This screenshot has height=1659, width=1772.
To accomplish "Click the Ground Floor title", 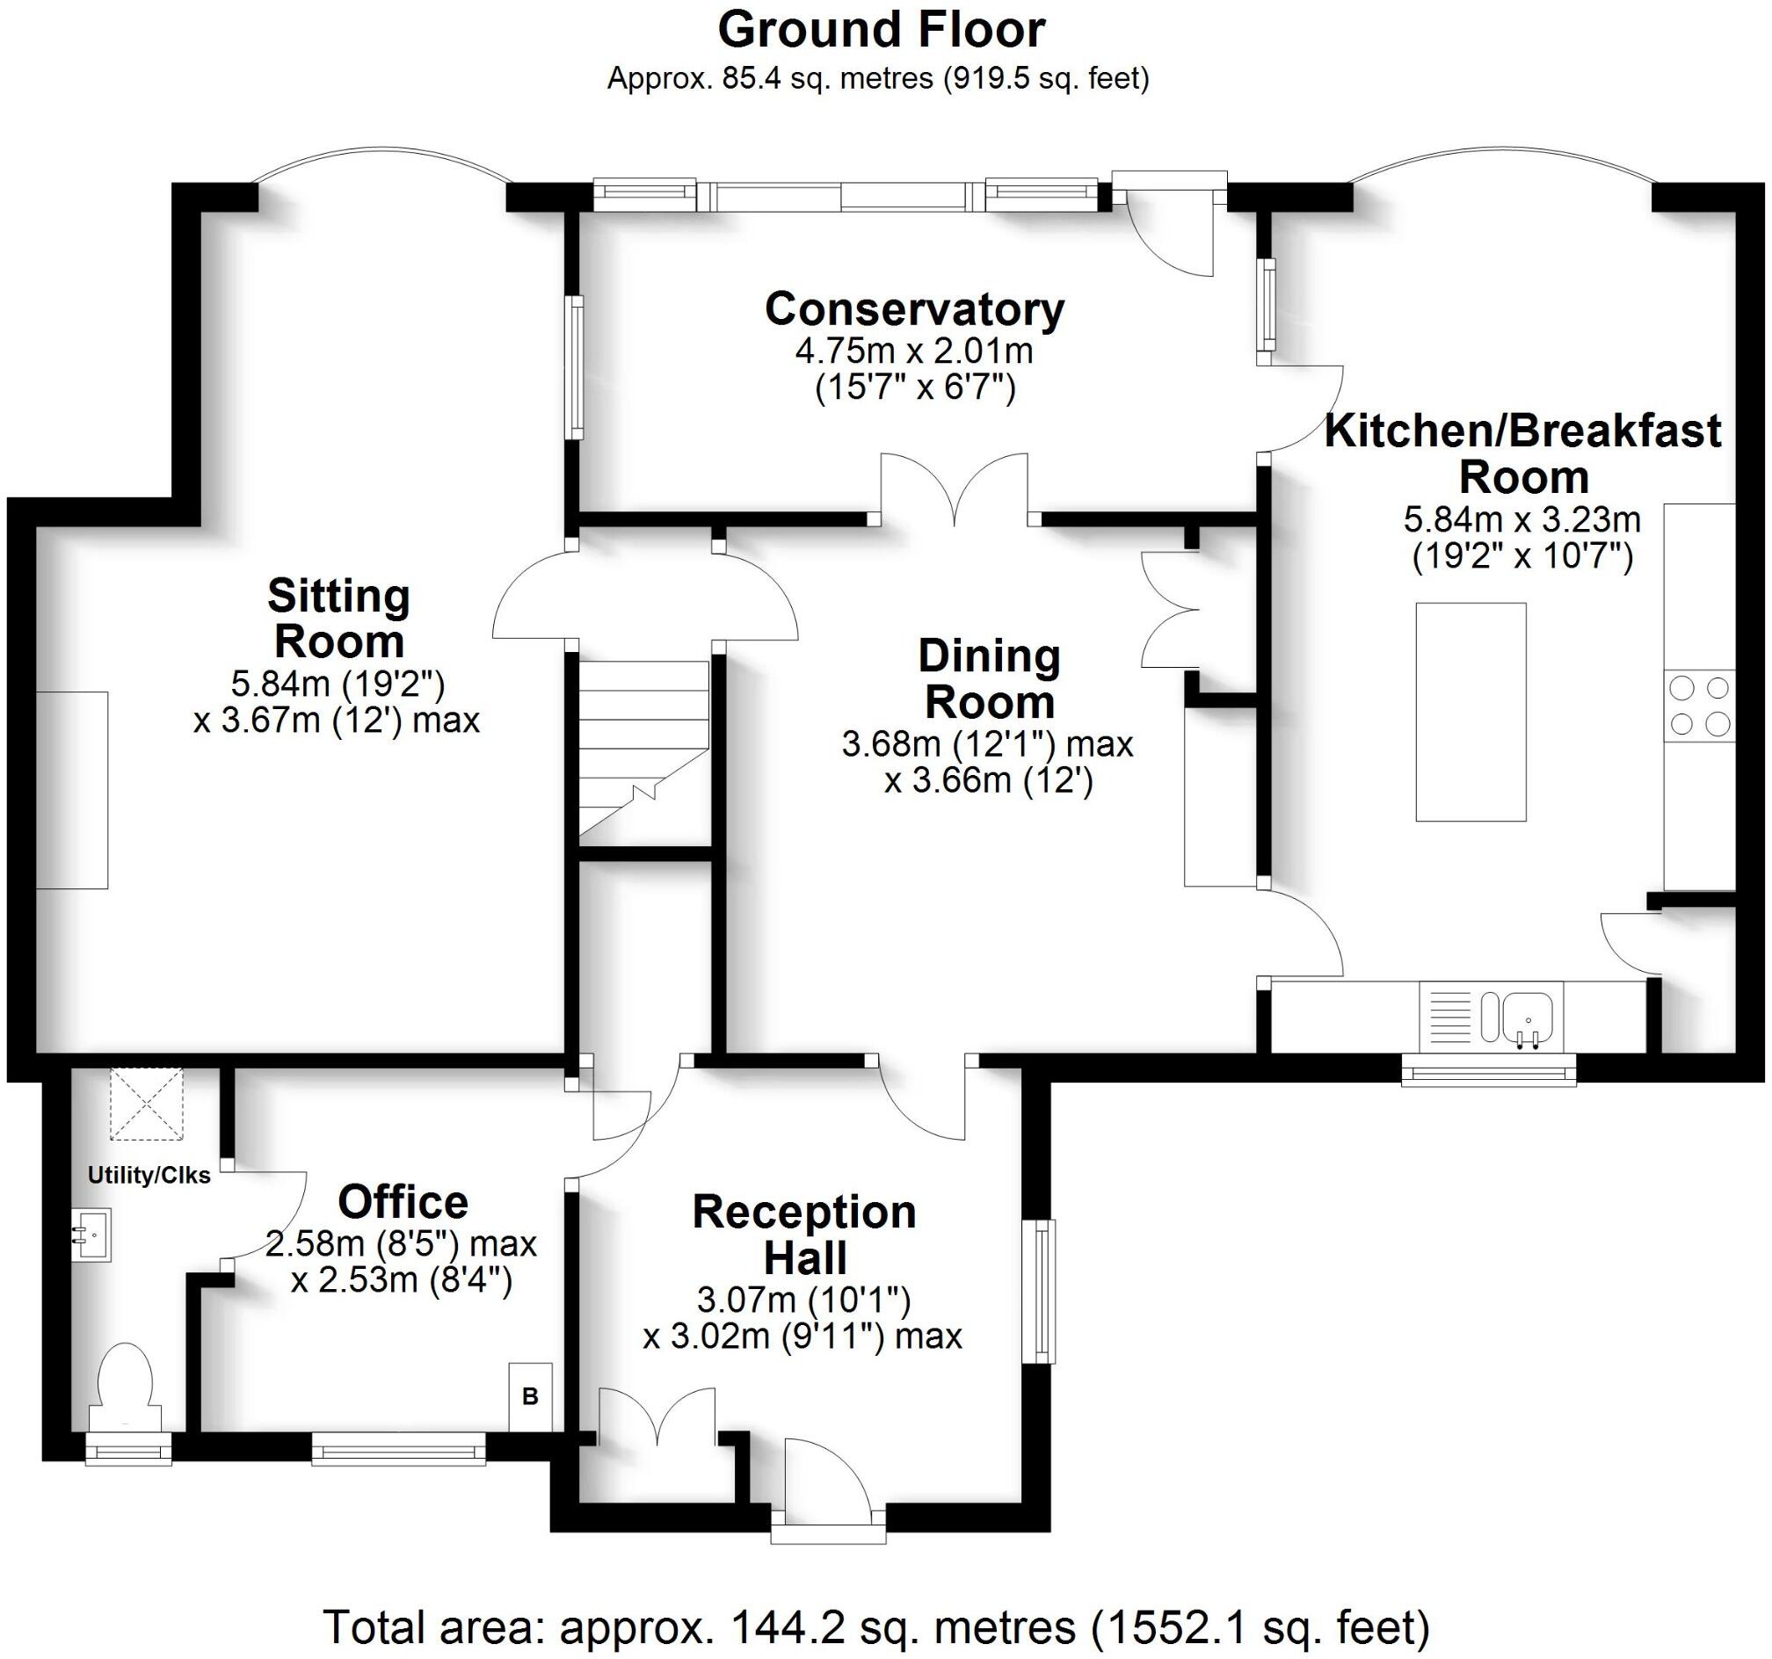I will pyautogui.click(x=881, y=31).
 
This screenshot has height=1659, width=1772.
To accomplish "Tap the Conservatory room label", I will pyautogui.click(x=914, y=309).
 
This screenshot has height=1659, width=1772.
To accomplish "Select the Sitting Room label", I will pyautogui.click(x=338, y=619).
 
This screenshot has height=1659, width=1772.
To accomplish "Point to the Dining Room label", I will pyautogui.click(x=990, y=679).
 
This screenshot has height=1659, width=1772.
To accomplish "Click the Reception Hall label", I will pyautogui.click(x=804, y=1235).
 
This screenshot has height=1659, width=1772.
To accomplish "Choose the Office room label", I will pyautogui.click(x=403, y=1202).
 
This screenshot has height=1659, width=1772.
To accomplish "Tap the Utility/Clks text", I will pyautogui.click(x=149, y=1175).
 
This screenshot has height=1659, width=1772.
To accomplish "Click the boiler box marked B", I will pyautogui.click(x=530, y=1397).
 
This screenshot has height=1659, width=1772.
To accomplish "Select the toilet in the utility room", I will pyautogui.click(x=125, y=1387).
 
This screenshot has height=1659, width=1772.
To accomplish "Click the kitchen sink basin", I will pyautogui.click(x=1529, y=1015).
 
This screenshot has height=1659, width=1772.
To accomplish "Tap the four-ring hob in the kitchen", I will pyautogui.click(x=1699, y=706).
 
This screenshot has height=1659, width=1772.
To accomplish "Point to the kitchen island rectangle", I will pyautogui.click(x=1471, y=712).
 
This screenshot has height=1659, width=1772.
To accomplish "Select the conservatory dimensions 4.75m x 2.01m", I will pyautogui.click(x=914, y=351).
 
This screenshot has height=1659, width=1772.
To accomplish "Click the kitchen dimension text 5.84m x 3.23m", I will pyautogui.click(x=1522, y=518).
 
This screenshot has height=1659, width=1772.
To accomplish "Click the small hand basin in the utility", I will pyautogui.click(x=91, y=1235).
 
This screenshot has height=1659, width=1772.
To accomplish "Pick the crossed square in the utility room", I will pyautogui.click(x=146, y=1104).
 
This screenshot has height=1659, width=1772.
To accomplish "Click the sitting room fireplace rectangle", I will pyautogui.click(x=71, y=789).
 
